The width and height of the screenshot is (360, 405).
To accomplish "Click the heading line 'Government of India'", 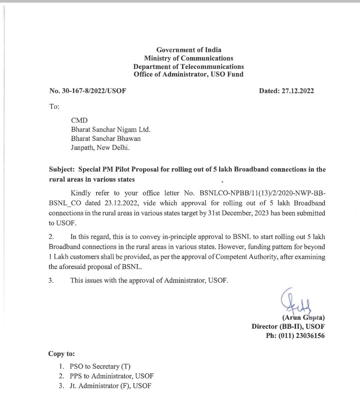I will coord(189,50).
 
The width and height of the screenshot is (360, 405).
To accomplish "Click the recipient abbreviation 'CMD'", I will coord(79,120).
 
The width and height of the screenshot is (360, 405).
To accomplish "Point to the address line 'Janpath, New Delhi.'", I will coord(100,148).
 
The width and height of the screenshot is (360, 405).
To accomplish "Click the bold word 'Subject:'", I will coord(62,169).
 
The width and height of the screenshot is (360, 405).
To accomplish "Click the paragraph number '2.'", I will coord(51,237).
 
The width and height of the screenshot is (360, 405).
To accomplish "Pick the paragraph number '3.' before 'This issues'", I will coord(51,280).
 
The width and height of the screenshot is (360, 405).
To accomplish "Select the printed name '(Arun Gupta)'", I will coord(303,318).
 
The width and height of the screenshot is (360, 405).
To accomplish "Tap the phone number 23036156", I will coord(310,336).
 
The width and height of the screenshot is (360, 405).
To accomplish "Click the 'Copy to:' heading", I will coord(62,354).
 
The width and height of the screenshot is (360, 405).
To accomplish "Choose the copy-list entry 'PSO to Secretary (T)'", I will coord(100,366).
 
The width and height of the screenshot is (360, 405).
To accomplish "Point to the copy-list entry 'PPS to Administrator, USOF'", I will coord(112,376).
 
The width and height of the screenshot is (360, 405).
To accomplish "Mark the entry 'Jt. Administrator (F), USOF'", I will coord(110,386).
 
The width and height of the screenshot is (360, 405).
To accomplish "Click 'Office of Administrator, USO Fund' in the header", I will coord(189,74).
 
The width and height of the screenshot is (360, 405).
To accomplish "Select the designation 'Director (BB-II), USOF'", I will coord(288,327).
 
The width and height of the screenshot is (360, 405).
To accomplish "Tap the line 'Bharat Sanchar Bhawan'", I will coord(106,139).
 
